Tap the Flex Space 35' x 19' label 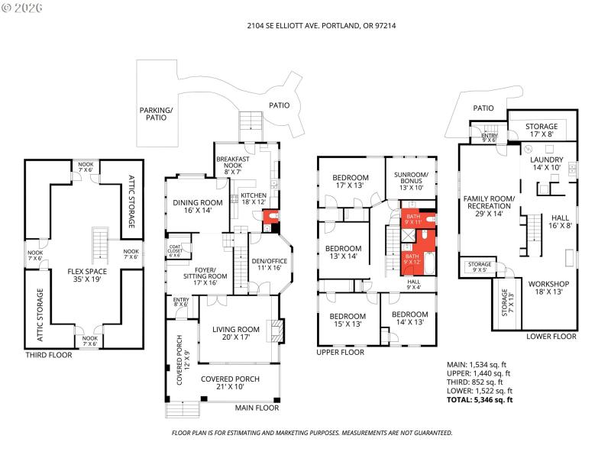click(x=86, y=276)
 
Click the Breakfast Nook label click(x=233, y=166)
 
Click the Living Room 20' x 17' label click(x=236, y=334)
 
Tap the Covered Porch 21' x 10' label click(x=230, y=383)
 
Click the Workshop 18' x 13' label click(x=549, y=287)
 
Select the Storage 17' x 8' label click(x=541, y=131)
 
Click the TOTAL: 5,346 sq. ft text click(x=480, y=400)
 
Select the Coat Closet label click(x=174, y=250)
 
